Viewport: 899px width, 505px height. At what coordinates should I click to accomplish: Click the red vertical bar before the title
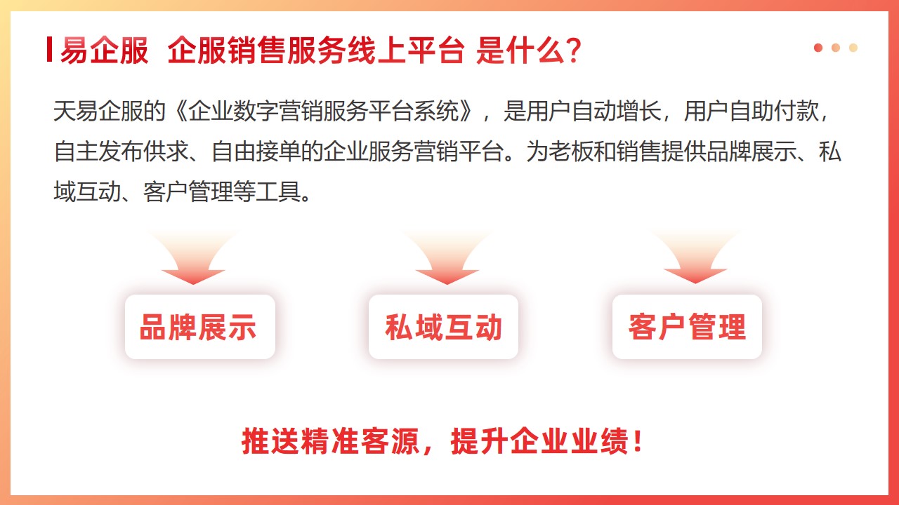click(49, 49)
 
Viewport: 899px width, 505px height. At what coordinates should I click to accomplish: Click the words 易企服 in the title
click(105, 50)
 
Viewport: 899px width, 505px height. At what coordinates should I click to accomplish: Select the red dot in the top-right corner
click(818, 48)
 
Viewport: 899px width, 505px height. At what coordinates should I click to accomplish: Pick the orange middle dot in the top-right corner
click(836, 48)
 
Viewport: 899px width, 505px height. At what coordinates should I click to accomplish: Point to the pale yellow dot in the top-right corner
click(853, 48)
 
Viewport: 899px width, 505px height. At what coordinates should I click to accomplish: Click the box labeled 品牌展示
click(200, 327)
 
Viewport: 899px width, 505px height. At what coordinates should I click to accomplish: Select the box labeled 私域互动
click(443, 327)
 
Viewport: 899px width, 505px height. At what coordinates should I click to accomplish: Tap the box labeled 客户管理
click(687, 327)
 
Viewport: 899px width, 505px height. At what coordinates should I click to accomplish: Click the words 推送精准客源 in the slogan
click(330, 441)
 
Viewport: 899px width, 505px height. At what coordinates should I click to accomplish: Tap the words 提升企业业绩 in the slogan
click(539, 441)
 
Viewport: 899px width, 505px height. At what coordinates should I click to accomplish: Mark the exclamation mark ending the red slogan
click(638, 441)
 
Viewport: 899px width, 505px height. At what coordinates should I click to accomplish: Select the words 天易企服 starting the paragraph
click(98, 111)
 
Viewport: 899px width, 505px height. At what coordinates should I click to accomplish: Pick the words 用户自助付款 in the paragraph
click(751, 111)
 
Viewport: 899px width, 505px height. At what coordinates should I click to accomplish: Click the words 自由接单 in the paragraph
click(256, 151)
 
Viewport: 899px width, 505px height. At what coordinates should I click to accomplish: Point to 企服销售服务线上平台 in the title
click(316, 50)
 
